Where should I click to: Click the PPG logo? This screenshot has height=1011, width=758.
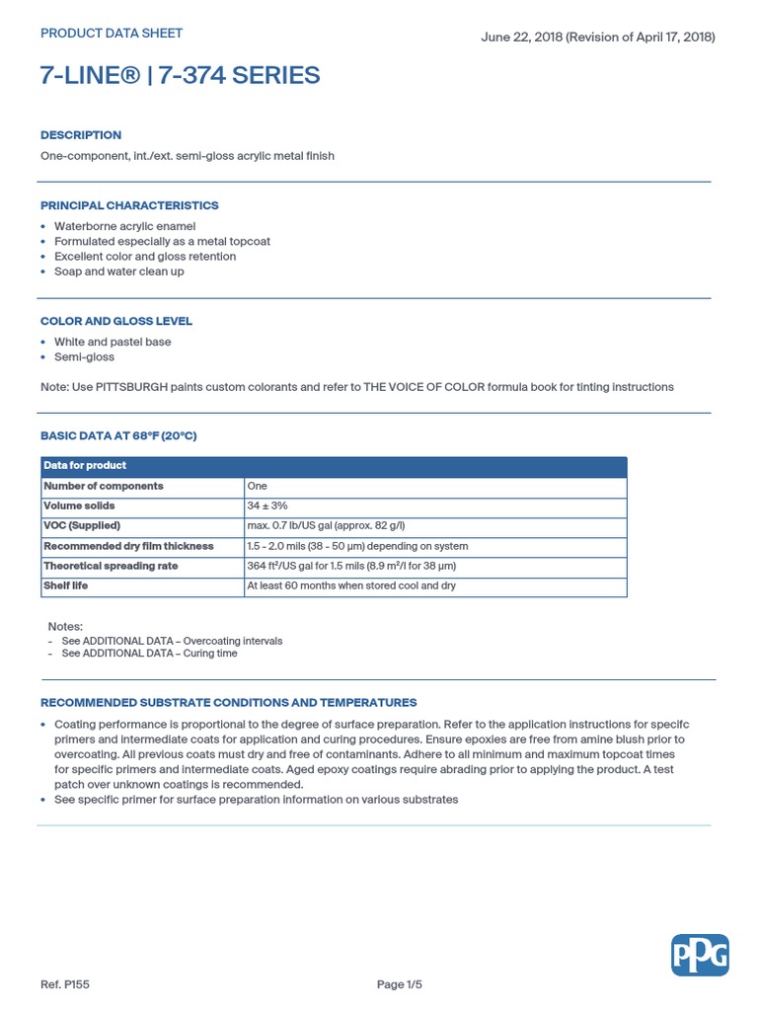[x=700, y=955]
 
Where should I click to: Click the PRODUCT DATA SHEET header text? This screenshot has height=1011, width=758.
[x=112, y=34]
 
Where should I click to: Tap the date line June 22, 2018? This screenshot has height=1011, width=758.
[x=597, y=38]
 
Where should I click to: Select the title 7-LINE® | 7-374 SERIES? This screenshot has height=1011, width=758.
[x=180, y=76]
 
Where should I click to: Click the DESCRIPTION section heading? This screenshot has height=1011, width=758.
[x=81, y=135]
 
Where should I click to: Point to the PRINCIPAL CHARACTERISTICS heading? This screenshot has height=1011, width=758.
[x=129, y=206]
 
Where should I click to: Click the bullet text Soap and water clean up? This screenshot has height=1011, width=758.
[x=118, y=272]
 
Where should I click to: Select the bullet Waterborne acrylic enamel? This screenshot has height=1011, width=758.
[x=124, y=226]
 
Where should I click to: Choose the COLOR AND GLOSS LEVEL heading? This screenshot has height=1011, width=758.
[x=116, y=322]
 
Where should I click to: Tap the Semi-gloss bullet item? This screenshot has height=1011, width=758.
[x=84, y=357]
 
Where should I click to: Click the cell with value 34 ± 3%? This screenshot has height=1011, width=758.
[x=267, y=506]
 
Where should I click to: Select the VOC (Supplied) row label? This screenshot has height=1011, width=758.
[x=82, y=526]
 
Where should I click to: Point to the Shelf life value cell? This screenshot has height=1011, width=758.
[x=351, y=586]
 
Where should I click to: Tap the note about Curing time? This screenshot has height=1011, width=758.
[x=149, y=654]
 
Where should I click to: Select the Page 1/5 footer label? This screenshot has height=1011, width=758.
[x=400, y=984]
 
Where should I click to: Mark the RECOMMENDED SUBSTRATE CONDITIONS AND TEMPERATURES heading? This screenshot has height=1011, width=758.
[x=228, y=703]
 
